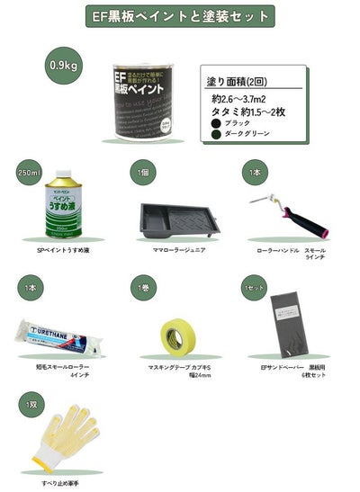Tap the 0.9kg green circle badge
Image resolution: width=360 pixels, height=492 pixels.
63,66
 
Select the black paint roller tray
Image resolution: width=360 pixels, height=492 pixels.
175,220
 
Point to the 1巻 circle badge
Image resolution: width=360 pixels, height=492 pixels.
141,288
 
